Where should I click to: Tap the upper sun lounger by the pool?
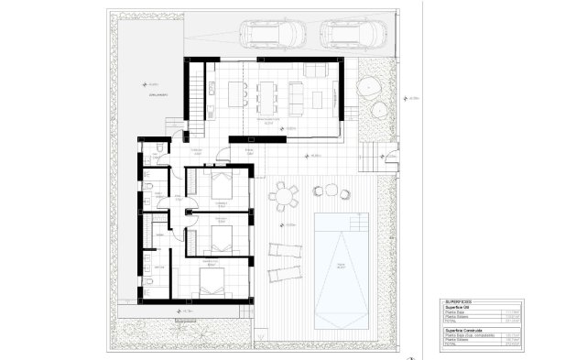(x=280, y=249)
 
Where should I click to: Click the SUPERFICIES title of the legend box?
(x=458, y=300)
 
